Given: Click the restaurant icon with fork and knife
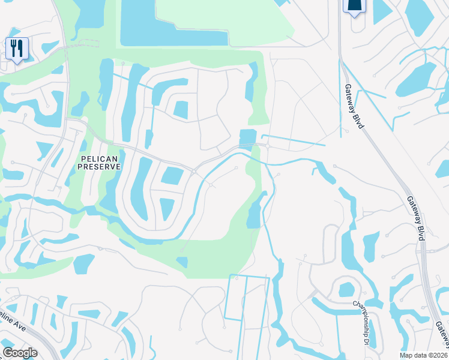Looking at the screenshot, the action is (16, 48).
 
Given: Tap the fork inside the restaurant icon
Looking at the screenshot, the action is (13, 47).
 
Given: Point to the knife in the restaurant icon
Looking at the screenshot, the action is (20, 47).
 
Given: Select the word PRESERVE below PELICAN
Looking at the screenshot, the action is (100, 166).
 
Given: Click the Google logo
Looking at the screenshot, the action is (20, 353).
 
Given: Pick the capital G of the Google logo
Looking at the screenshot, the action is (7, 353).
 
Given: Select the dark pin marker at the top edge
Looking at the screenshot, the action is (354, 6).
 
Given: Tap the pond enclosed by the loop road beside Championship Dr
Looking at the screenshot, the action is (346, 290).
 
